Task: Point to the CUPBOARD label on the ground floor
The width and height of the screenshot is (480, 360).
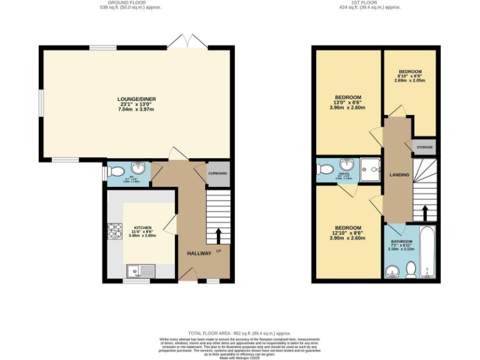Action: click(x=217, y=172)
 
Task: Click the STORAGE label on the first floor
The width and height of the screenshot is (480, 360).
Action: click(x=424, y=147)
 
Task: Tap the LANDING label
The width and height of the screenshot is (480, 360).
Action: click(x=399, y=174)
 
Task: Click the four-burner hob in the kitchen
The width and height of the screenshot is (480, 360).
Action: click(x=115, y=232)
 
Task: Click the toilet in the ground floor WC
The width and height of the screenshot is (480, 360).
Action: click(x=116, y=170)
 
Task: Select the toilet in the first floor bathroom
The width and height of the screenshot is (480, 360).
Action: click(x=411, y=269)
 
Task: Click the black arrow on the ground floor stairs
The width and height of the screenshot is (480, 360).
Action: click(x=219, y=236)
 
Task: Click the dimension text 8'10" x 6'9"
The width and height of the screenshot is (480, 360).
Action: click(x=410, y=76)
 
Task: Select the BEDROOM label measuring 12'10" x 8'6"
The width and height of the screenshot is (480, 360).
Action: click(x=348, y=227)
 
